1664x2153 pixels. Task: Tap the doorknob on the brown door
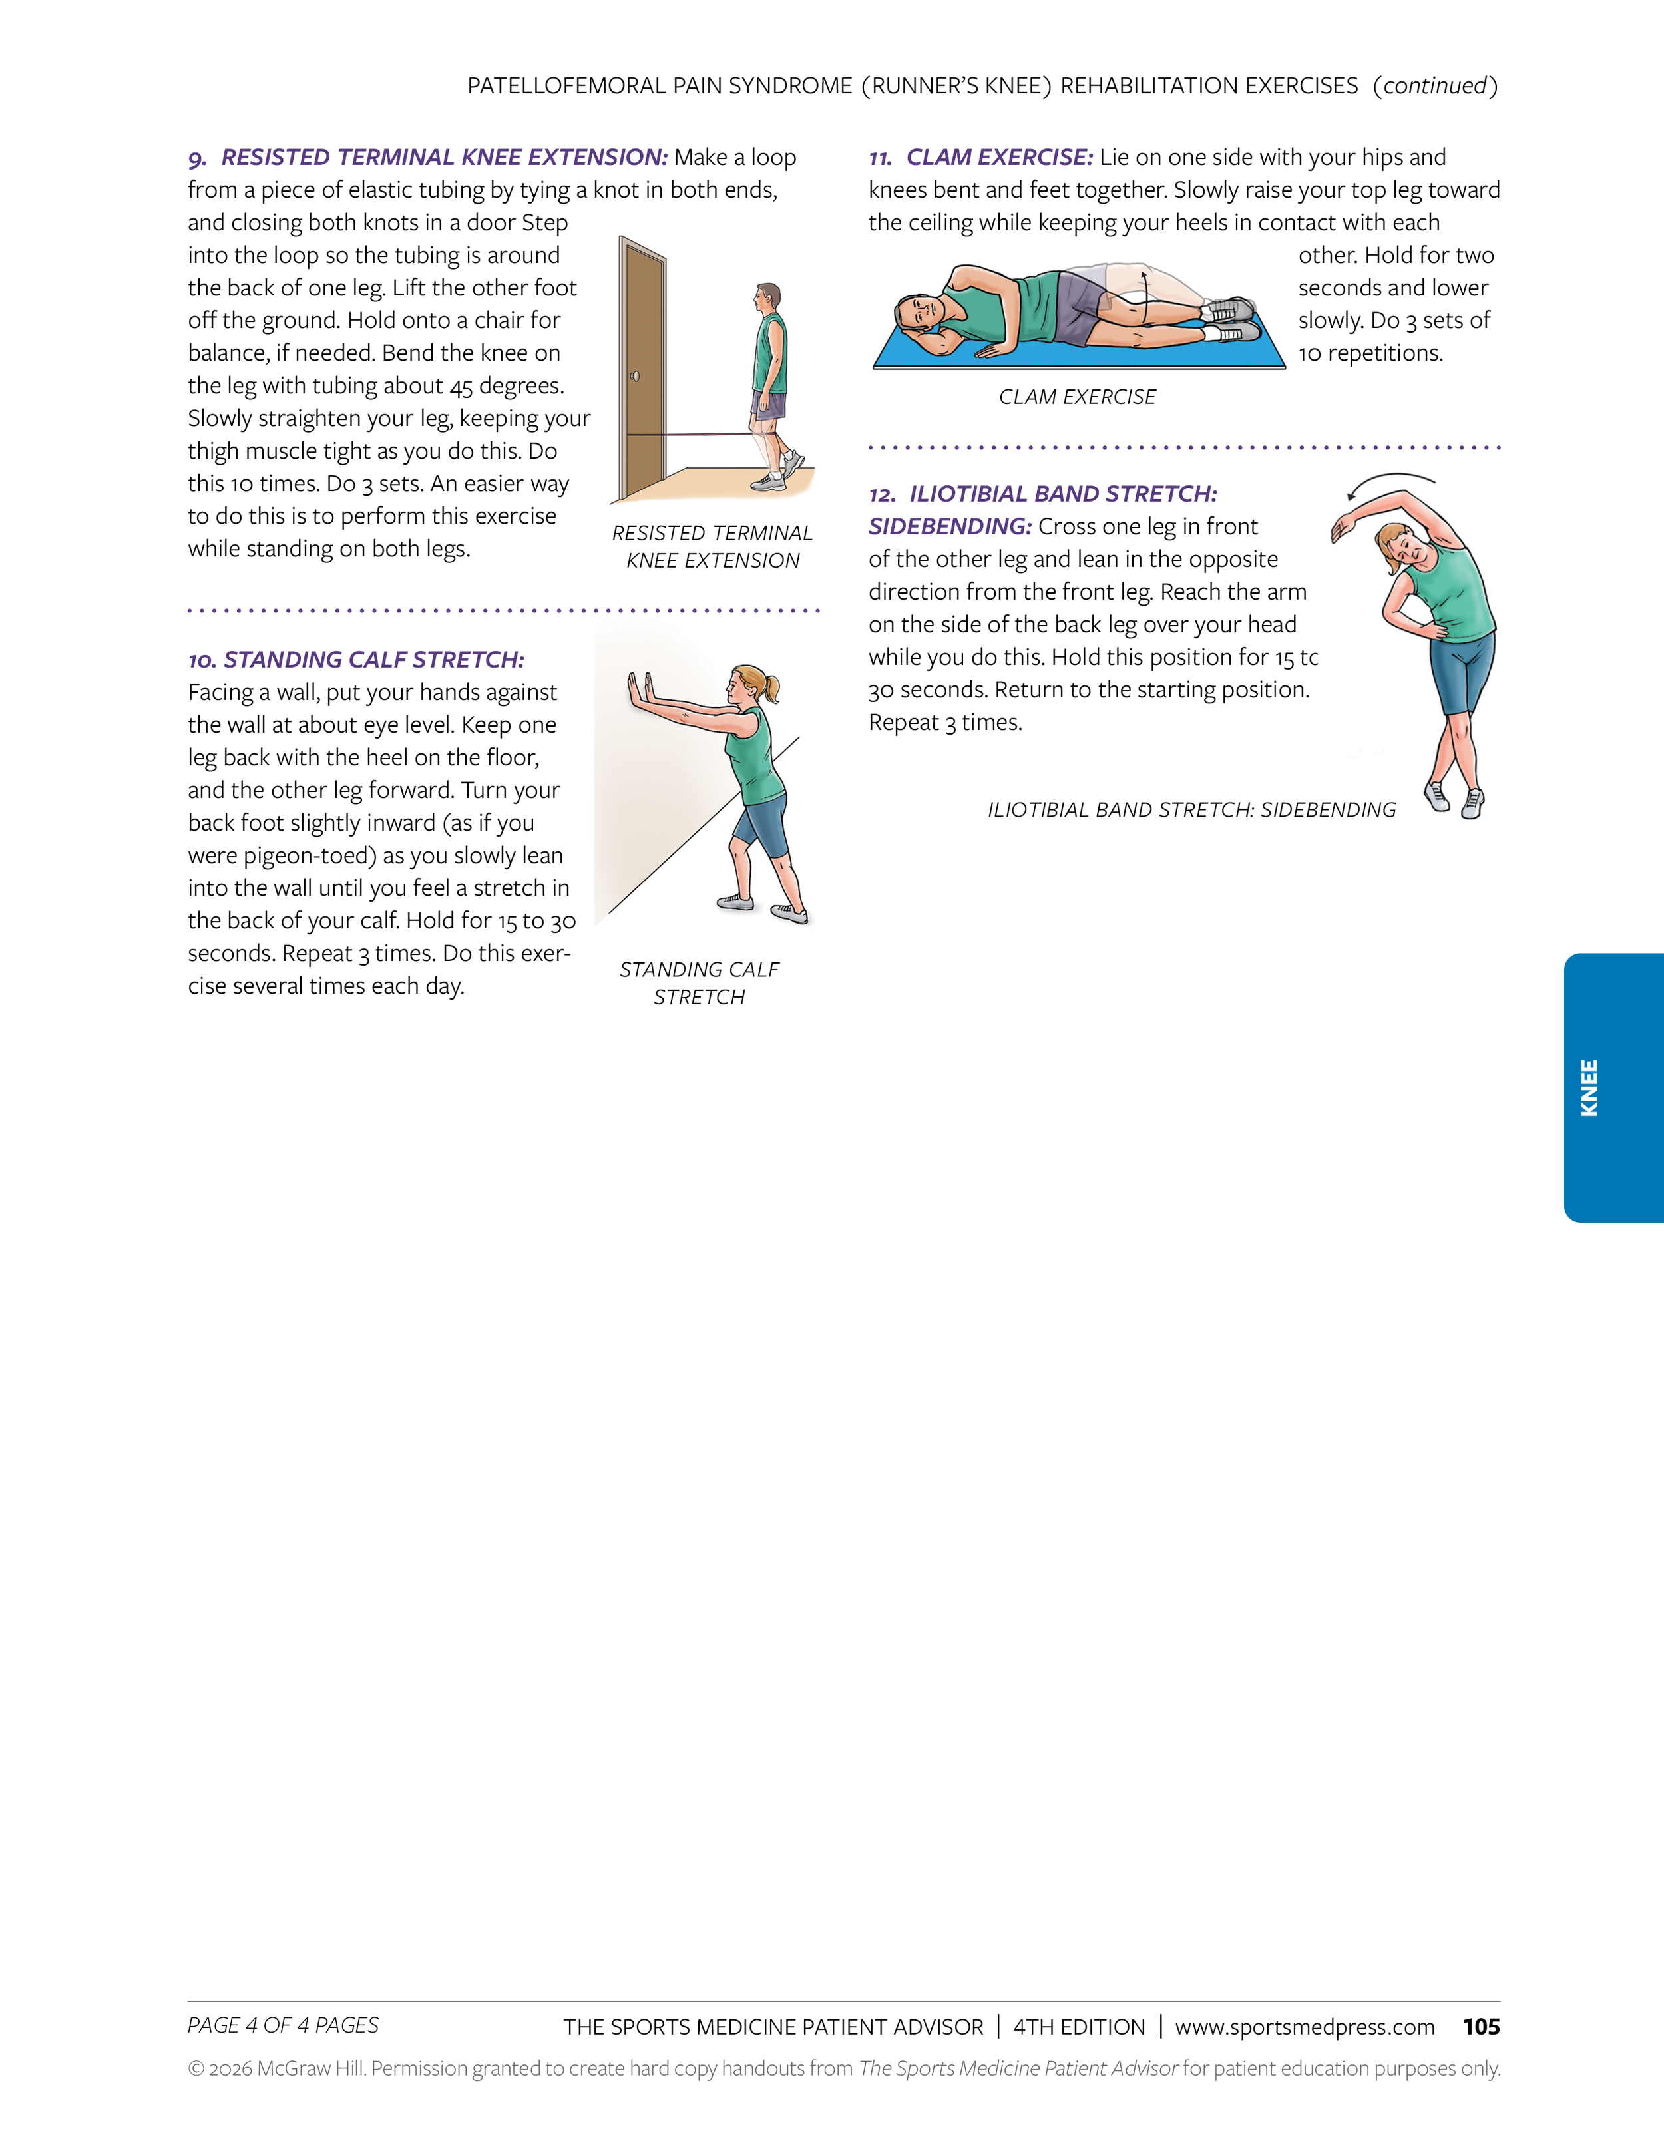[x=635, y=375]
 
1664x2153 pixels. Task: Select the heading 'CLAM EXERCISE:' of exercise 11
[x=998, y=158]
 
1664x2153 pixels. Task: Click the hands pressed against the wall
[x=640, y=689]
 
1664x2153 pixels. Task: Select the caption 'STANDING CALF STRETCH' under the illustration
[x=699, y=983]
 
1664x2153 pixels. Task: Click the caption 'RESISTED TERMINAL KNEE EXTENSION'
[x=712, y=546]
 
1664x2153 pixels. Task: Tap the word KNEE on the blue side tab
[x=1589, y=1087]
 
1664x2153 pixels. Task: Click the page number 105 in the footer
[x=1481, y=2027]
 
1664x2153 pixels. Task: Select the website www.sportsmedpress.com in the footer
[x=1304, y=2027]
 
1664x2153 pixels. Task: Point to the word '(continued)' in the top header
[x=1434, y=86]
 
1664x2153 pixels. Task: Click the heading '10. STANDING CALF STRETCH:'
[x=356, y=660]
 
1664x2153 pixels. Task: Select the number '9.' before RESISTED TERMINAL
[x=197, y=158]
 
